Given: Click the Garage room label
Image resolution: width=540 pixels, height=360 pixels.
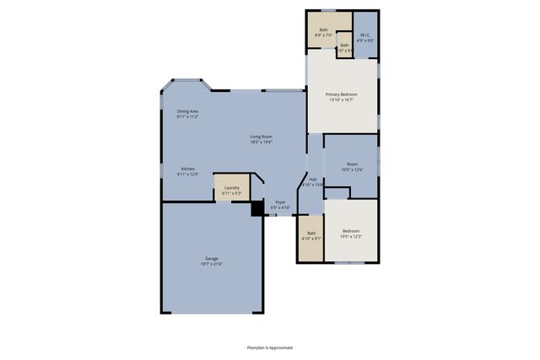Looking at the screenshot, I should [x=211, y=259].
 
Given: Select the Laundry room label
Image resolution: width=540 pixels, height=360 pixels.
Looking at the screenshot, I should [x=230, y=187].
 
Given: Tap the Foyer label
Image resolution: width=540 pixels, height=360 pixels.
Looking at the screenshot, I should [x=280, y=201].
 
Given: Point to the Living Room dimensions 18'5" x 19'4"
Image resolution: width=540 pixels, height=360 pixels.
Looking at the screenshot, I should [x=261, y=142].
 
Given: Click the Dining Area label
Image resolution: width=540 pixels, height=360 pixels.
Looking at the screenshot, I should [x=187, y=111].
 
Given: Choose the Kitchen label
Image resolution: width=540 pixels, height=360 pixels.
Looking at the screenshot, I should [x=187, y=168].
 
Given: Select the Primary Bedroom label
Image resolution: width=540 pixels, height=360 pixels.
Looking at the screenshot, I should [x=342, y=94].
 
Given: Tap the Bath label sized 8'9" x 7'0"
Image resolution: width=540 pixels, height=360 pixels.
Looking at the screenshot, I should [x=323, y=30].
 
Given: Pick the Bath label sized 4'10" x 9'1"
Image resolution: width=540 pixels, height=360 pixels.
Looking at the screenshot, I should [x=311, y=233].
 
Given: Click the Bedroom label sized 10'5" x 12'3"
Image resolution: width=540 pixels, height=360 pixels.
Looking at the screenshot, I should [x=350, y=230].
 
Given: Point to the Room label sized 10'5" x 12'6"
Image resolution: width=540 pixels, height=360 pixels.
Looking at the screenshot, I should [x=352, y=164].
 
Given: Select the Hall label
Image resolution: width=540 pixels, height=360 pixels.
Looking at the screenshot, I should [x=313, y=179].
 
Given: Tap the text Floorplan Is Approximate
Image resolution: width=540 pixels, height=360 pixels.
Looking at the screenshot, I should [x=269, y=347].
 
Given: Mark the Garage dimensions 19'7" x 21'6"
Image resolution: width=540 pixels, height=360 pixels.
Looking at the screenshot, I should [x=211, y=264].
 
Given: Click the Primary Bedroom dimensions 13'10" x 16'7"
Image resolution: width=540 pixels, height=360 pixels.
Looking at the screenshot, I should [x=342, y=99].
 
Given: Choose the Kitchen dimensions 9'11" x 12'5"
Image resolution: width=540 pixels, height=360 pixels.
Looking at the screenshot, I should [x=187, y=174].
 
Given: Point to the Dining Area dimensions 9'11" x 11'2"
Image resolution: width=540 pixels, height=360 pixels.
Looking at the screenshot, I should [x=187, y=116].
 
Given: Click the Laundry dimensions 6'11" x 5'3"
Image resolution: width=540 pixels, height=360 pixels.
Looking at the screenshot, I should [x=230, y=193].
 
